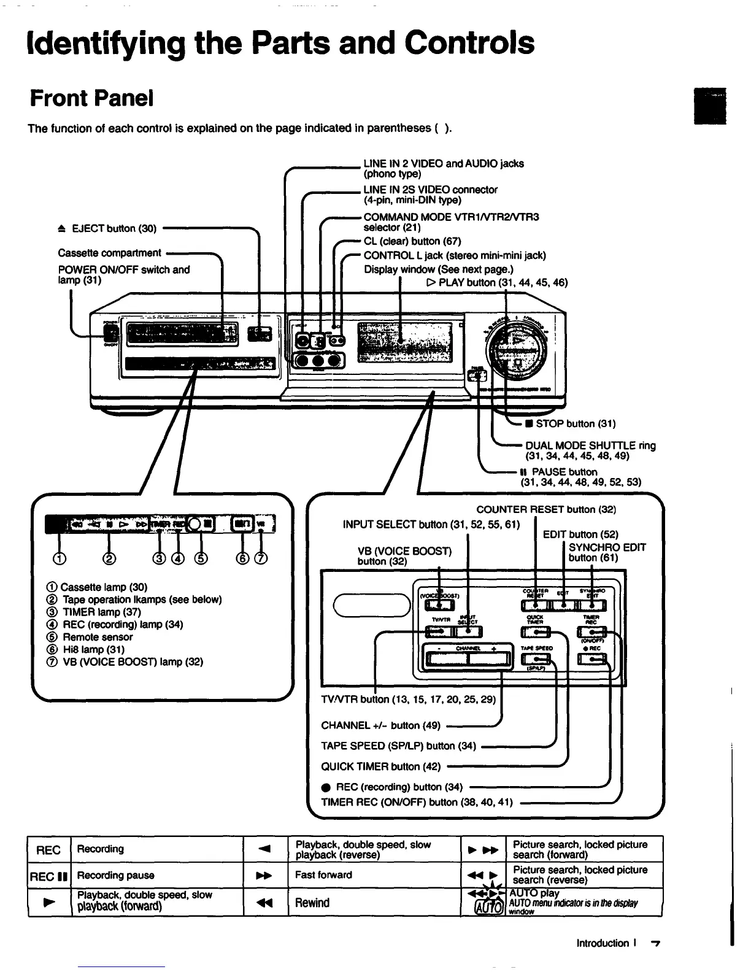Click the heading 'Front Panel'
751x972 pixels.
coord(92,98)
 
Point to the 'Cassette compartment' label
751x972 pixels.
coord(109,253)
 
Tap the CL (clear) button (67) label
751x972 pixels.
coord(412,241)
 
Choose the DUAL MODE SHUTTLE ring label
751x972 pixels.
coord(590,446)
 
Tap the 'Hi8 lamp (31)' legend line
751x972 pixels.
coord(94,649)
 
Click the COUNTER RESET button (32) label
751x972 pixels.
coord(546,510)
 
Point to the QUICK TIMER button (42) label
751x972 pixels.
coord(380,766)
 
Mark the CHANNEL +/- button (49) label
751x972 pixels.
coord(381,725)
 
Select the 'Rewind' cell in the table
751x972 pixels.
coord(312,903)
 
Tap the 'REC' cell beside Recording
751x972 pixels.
coord(49,850)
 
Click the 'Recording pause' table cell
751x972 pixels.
coord(115,875)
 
